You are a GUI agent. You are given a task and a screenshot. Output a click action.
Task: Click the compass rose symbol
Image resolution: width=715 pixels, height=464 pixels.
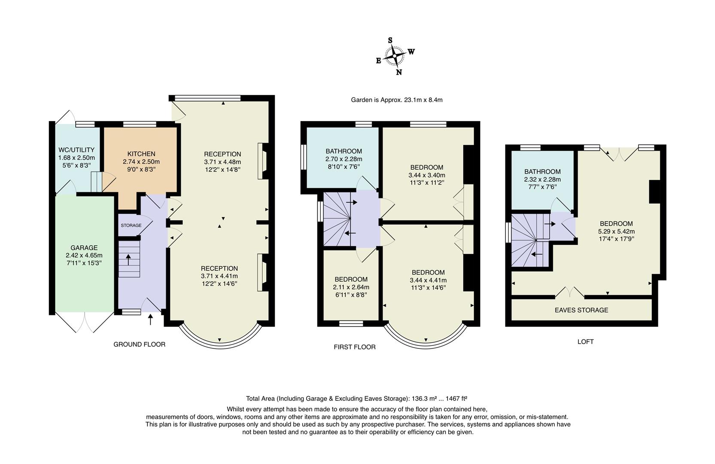point(395,56)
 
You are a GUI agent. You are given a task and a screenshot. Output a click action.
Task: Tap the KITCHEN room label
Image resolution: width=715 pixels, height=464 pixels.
point(141,154)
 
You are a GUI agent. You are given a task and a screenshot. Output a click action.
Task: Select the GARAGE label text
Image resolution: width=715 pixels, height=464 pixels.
point(84,247)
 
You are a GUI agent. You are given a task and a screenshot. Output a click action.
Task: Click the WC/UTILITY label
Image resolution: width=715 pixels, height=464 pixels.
point(76,150)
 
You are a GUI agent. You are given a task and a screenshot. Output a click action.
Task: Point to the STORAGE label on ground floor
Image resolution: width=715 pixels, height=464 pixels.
point(131,226)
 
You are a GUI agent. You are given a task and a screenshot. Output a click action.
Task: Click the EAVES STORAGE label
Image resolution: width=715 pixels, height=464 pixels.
point(581,310)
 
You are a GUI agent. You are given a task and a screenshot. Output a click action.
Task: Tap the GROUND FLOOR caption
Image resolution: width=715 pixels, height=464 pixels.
point(140,344)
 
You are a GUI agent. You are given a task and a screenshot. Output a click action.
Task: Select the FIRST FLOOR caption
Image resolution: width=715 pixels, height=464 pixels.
point(355,347)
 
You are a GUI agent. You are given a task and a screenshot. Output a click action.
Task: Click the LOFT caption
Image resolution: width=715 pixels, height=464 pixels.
point(585,342)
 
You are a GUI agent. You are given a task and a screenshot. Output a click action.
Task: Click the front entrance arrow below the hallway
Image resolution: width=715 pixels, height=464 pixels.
point(151,319)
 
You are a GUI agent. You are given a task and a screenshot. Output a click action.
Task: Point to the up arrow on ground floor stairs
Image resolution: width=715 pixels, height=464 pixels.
point(129,259)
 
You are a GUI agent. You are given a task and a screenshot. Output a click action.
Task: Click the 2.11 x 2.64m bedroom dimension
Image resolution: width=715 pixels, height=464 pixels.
point(351,287)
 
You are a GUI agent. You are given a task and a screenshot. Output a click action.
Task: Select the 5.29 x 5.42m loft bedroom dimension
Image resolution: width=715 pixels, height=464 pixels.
point(616,232)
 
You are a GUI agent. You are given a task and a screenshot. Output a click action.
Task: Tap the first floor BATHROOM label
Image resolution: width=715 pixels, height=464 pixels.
point(344,151)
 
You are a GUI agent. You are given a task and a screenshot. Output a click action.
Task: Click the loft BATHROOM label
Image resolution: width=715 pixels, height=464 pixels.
point(542,171)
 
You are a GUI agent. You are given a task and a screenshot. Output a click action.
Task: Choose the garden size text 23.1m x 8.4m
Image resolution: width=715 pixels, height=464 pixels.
point(423,100)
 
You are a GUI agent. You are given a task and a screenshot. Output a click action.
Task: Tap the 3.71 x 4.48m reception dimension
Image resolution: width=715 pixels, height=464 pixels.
point(222,162)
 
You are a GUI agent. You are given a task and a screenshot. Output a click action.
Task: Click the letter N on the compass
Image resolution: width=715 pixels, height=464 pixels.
point(399,73)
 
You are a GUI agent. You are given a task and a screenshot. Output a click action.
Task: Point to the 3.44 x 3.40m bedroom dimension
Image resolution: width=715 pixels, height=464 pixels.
point(427,175)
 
